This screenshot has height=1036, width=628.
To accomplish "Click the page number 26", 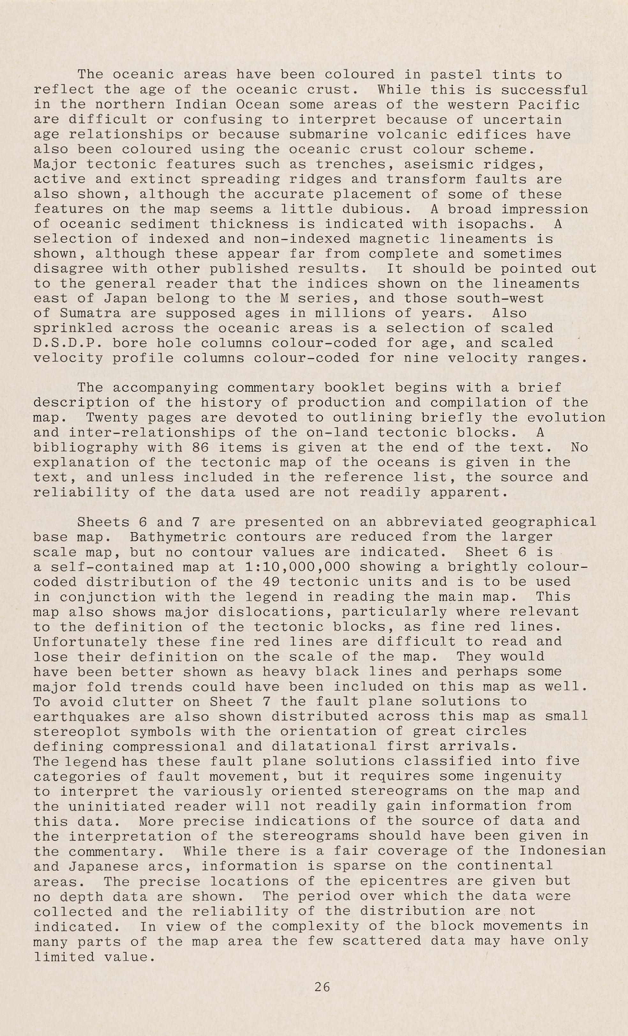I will (322, 986).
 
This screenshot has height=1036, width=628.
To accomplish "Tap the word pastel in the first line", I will (457, 75).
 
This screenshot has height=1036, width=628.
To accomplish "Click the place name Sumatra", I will (90, 314).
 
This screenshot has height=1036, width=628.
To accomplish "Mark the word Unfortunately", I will (90, 642).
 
